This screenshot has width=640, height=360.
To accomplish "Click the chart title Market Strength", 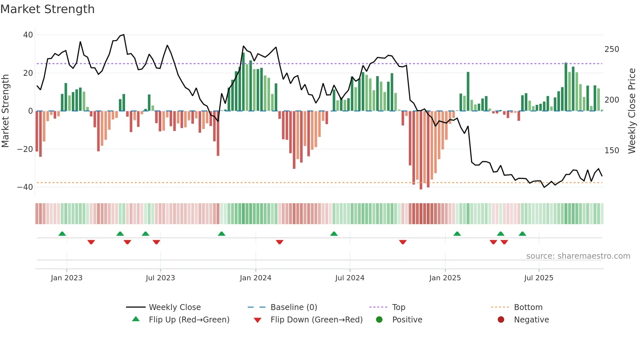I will [47, 9].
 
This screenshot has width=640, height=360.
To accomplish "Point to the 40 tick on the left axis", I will [28, 35].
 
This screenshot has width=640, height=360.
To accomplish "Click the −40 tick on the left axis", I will [25, 187].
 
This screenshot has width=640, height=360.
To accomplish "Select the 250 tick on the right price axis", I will [612, 49].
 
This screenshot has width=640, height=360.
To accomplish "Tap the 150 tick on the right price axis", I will [612, 151].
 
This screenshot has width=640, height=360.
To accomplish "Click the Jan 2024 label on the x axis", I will [255, 278].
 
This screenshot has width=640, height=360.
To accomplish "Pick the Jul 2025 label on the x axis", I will [538, 278].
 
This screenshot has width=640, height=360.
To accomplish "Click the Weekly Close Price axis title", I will [632, 111].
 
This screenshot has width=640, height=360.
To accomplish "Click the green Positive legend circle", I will [379, 319].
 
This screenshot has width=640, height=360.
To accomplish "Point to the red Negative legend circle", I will [501, 319].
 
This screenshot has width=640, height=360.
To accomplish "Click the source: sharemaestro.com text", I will [578, 256].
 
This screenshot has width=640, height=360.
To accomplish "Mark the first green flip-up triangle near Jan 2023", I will [62, 234].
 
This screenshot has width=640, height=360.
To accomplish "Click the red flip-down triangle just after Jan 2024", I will [280, 242].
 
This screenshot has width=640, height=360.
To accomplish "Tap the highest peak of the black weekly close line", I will [124, 35].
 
